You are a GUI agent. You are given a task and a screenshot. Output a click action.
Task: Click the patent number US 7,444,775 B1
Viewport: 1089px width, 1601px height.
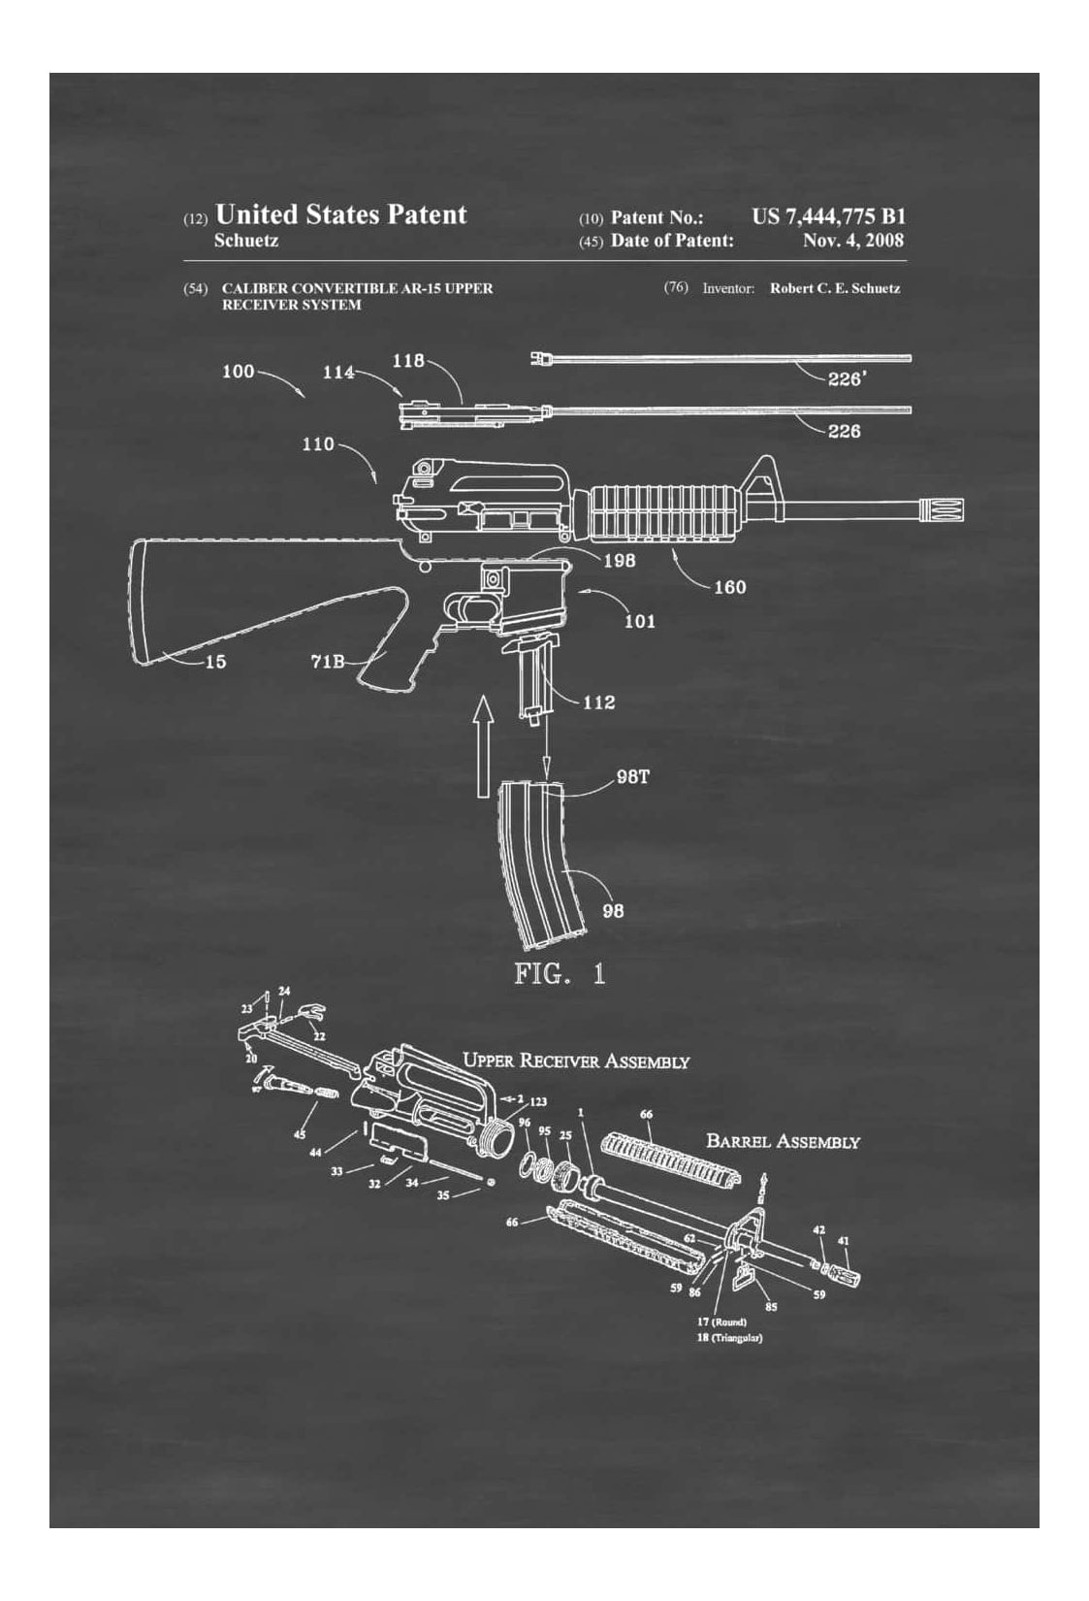click(x=828, y=217)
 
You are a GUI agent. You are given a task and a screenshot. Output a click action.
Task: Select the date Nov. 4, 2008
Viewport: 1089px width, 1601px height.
click(x=852, y=241)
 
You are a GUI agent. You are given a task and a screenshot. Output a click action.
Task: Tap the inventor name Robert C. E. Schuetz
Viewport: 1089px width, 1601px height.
click(x=834, y=288)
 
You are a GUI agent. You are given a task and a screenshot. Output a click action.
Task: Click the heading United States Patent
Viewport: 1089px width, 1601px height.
click(x=340, y=214)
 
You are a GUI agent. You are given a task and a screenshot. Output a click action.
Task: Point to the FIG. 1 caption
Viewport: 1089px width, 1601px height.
click(x=560, y=974)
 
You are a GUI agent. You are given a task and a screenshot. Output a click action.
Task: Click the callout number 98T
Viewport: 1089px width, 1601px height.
click(x=632, y=777)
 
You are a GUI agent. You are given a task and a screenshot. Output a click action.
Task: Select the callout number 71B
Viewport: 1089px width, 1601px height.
click(x=328, y=663)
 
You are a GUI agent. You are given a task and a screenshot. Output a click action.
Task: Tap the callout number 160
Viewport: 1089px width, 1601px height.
click(x=729, y=586)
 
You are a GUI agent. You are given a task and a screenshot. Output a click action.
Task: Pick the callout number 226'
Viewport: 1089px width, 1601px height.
click(x=846, y=379)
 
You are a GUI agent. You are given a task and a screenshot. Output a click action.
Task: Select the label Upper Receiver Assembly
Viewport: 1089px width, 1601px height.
click(x=576, y=1061)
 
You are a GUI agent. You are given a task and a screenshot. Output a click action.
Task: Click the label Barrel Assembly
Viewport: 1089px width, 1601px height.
click(x=783, y=1141)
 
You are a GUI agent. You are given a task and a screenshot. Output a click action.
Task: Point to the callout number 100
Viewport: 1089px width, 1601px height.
click(x=239, y=372)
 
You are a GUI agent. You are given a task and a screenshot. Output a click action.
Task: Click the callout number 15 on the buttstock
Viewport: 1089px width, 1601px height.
click(x=215, y=663)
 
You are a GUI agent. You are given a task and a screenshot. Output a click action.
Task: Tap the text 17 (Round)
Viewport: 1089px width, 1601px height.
click(x=721, y=1322)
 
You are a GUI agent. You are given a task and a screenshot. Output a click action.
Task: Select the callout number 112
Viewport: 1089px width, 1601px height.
click(x=598, y=702)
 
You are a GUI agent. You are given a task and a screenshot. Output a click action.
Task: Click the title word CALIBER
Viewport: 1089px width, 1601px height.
click(x=255, y=288)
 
